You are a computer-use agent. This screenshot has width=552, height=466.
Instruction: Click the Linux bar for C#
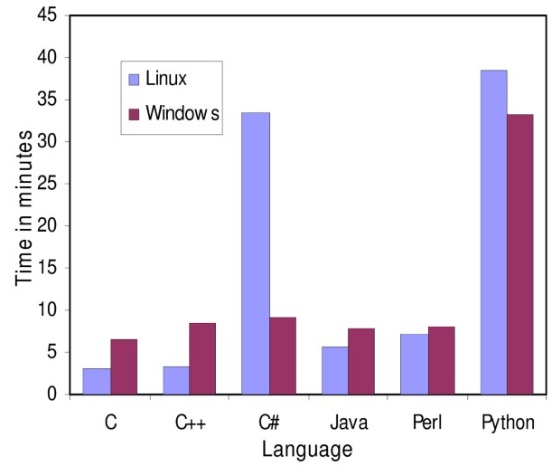point(256,253)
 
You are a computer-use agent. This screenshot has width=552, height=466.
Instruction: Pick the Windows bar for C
point(124,366)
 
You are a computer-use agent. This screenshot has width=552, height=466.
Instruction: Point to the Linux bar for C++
point(176,380)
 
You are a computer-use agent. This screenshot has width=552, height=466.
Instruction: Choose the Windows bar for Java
point(361,361)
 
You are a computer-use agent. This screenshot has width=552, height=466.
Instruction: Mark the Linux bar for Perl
point(415,364)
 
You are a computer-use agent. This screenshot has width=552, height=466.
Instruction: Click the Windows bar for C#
point(283,356)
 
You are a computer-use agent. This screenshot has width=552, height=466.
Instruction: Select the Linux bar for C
point(97,381)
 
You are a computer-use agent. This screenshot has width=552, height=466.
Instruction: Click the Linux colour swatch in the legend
point(135,79)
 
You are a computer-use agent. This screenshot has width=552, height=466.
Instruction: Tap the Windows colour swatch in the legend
point(135,114)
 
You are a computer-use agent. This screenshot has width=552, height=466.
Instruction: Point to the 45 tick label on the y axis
point(46,15)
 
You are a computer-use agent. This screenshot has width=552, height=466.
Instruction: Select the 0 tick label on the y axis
point(51,395)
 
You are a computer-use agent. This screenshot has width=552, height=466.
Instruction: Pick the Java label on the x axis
point(349,422)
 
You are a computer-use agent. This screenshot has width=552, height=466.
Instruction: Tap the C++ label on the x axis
point(190,422)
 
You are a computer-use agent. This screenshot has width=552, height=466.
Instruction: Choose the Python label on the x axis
point(508,423)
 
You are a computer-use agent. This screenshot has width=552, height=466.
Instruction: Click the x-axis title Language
point(307,448)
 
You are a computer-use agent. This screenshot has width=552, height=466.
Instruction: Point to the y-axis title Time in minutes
point(24,207)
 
